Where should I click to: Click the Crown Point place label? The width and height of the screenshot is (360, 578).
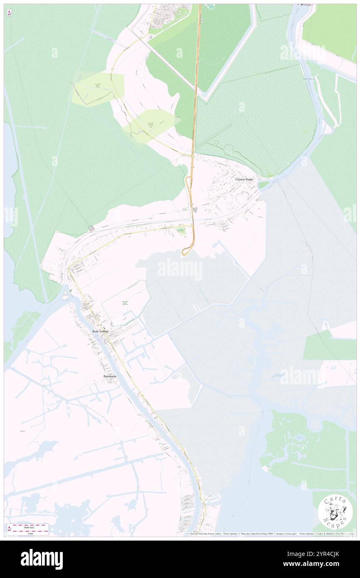click(244, 179)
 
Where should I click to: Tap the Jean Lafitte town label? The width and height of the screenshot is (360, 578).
click(100, 331)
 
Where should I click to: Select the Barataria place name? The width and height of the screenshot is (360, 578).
click(110, 376)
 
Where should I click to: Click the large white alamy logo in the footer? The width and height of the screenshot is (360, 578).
click(42, 559)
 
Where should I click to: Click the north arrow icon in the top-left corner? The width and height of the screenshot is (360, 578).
click(9, 13)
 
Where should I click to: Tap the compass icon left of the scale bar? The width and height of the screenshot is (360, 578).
click(9, 529)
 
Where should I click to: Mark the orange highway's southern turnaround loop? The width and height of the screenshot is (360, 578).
click(187, 251)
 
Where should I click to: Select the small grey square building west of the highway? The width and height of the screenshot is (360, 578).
click(91, 228)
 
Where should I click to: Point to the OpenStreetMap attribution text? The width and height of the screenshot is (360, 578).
click(258, 534)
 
